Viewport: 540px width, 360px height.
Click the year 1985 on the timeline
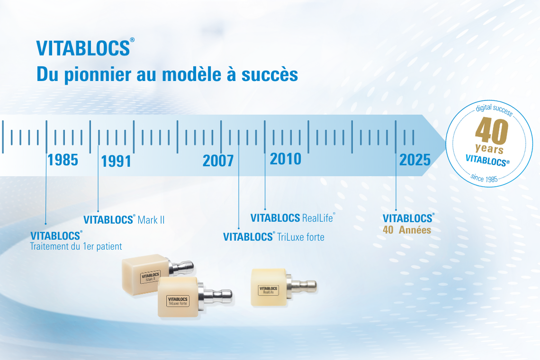pos(63,160)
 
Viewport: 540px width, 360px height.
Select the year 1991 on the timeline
pos(116,161)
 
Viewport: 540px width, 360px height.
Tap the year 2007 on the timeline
pos(218,161)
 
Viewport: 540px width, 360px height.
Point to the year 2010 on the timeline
pos(286,159)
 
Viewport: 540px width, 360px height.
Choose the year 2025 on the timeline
pos(415,160)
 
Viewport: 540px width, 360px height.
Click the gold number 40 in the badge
pos(492,131)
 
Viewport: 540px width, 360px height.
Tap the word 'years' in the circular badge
pos(489,148)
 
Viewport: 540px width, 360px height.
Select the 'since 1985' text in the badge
pos(484,178)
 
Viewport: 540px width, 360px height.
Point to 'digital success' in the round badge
pos(494,109)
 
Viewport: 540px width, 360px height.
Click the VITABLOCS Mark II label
pos(124,220)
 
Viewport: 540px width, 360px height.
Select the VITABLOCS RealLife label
pos(293,218)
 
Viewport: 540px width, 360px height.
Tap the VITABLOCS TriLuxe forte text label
pos(274,237)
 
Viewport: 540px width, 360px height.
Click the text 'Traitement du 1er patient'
pos(76,246)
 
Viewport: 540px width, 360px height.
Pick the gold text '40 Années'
pos(407,230)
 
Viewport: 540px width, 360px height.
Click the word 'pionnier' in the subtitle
pos(98,75)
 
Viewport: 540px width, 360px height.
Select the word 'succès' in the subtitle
pos(270,74)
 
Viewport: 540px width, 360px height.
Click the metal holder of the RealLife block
pos(302,286)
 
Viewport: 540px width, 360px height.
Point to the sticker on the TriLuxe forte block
pos(178,301)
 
